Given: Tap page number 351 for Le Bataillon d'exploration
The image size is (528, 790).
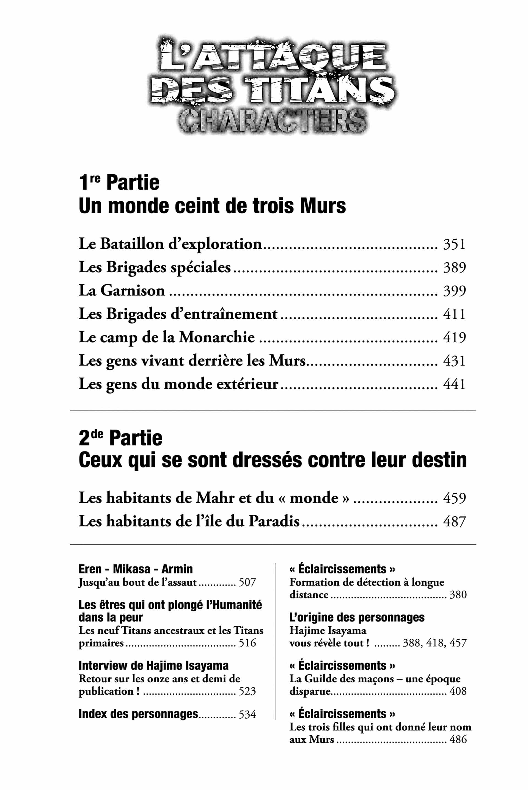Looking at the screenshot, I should [454, 245].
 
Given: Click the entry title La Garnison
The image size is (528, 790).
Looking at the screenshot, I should [122, 291].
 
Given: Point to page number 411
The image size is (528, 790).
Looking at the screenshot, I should [454, 314].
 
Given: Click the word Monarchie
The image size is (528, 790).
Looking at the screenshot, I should [216, 337].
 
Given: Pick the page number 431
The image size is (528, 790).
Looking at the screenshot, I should [454, 361].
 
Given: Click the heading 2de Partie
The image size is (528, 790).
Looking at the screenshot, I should [120, 438].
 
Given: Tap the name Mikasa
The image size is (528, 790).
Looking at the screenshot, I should [132, 569].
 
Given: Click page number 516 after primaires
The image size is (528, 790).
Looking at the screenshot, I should [247, 643].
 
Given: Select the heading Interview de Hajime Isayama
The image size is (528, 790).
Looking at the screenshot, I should [153, 666].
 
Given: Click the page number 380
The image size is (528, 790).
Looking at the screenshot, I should [458, 595].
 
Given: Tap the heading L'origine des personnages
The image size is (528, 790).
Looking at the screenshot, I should [357, 617].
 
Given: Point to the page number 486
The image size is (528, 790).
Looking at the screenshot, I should [458, 739].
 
